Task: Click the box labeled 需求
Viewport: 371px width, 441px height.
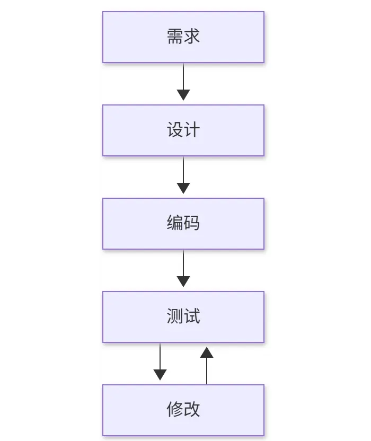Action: click(x=183, y=37)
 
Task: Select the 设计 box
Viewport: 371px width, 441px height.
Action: click(x=183, y=130)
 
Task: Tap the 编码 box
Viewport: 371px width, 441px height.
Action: click(x=183, y=224)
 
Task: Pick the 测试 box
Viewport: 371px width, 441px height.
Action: click(x=183, y=317)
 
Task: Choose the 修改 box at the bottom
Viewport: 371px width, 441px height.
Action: click(x=183, y=410)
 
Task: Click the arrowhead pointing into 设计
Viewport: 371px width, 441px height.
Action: click(x=183, y=95)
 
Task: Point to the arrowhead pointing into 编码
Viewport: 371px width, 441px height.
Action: click(x=183, y=188)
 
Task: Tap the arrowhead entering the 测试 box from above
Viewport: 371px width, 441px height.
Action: click(x=183, y=281)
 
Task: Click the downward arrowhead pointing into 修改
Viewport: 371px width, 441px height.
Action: click(x=160, y=375)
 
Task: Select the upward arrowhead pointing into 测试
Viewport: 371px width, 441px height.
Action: click(x=207, y=352)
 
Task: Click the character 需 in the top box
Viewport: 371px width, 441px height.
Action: click(x=175, y=36)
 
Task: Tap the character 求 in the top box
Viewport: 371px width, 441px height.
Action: click(x=192, y=36)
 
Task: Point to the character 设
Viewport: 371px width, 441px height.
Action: click(x=175, y=130)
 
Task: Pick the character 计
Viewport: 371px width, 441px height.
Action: click(x=192, y=130)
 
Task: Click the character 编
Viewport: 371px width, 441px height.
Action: click(x=175, y=223)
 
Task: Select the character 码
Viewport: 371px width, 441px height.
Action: click(x=192, y=223)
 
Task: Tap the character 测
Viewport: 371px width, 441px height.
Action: click(x=175, y=316)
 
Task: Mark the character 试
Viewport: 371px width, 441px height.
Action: click(x=192, y=316)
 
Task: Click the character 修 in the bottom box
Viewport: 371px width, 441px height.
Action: click(x=175, y=409)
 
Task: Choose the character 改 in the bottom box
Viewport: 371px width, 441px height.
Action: click(x=192, y=409)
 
